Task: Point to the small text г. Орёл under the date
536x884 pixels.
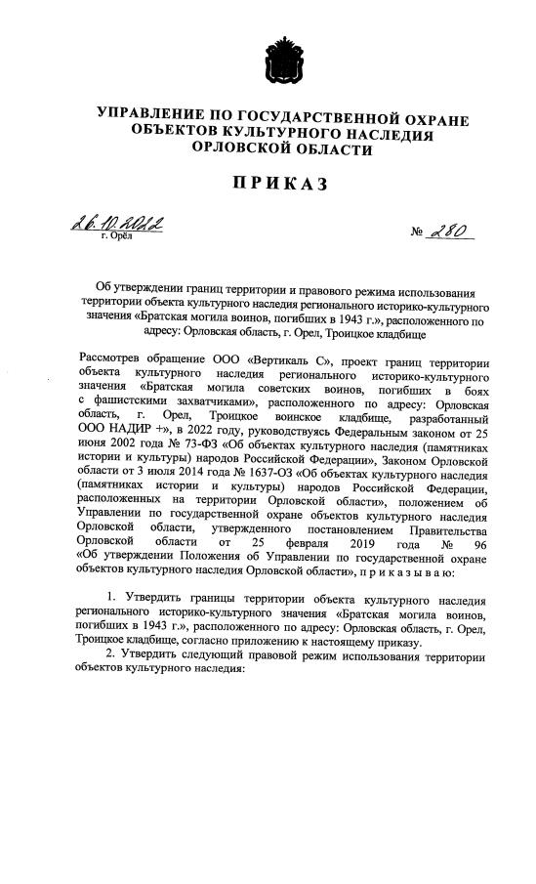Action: pyautogui.click(x=116, y=237)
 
